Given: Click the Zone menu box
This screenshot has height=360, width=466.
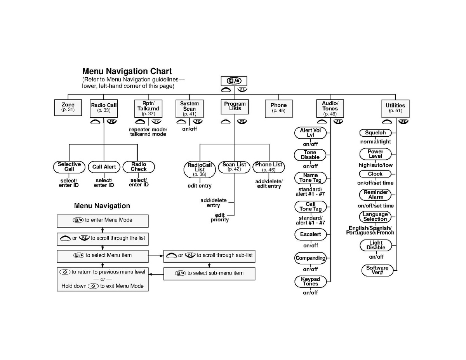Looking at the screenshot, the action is (x=68, y=108).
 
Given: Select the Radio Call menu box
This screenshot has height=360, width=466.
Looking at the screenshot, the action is (x=104, y=108).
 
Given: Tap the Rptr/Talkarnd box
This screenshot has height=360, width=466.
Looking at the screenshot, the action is (x=148, y=108).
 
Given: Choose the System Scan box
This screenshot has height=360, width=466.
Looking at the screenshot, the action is (x=190, y=109).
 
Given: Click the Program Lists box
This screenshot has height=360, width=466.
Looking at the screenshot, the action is (x=235, y=107).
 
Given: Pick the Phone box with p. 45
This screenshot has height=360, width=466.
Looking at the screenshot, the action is (x=278, y=109).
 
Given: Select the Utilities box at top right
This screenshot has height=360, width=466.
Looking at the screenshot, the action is (x=395, y=109).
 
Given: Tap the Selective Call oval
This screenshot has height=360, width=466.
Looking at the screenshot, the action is (x=69, y=167).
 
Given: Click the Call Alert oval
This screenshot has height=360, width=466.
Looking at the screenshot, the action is (x=104, y=167).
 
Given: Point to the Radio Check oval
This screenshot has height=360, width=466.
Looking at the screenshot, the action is (x=139, y=167).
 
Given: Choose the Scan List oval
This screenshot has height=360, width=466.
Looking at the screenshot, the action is (x=234, y=167).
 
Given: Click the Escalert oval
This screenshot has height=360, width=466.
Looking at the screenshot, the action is (x=310, y=235).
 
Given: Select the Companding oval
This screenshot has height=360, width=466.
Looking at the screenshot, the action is (x=310, y=258).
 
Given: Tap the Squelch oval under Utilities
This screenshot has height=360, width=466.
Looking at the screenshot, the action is (x=375, y=133).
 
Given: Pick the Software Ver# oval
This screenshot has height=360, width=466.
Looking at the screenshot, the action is (x=377, y=270).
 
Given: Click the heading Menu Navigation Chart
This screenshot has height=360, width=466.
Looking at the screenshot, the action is (x=127, y=71).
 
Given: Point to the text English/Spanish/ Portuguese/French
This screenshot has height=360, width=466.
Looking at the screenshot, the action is (x=370, y=231).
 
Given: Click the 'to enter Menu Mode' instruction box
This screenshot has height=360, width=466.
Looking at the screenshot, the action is (x=103, y=221).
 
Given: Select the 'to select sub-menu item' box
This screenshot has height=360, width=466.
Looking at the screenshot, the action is (x=209, y=274).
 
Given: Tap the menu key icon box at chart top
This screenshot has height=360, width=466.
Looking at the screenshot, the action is (x=234, y=81).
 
